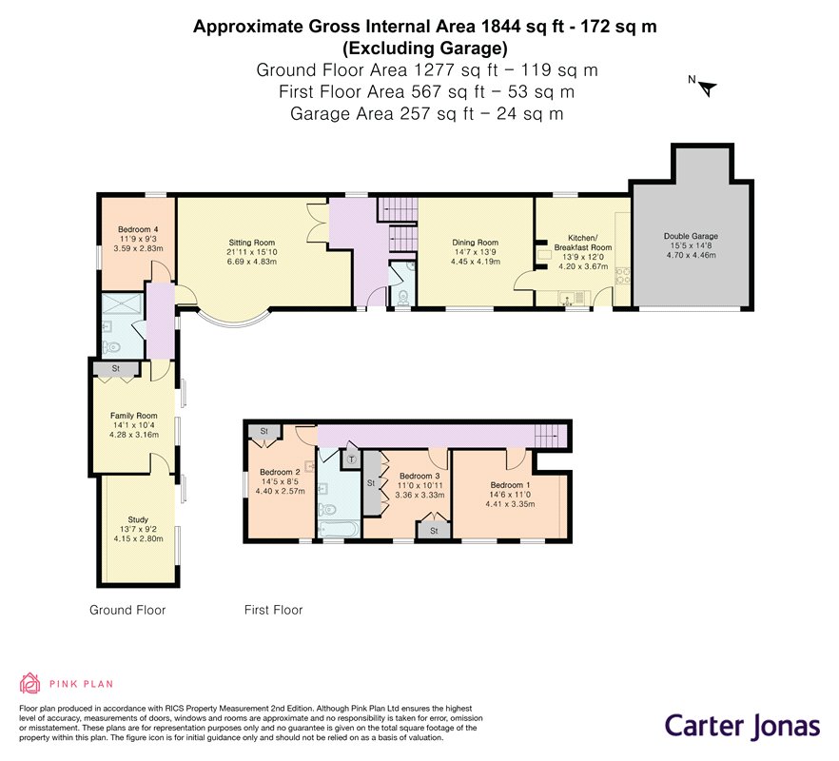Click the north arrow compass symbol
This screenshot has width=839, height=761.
tap(707, 88)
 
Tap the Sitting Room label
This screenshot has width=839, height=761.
tap(251, 243)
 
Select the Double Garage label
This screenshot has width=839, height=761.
tap(691, 236)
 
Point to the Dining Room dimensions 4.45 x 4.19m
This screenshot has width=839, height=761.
tap(476, 262)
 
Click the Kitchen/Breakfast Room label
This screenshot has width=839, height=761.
tap(583, 243)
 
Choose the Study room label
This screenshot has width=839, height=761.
tap(138, 519)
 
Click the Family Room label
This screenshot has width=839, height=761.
tap(134, 416)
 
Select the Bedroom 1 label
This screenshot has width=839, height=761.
tap(510, 485)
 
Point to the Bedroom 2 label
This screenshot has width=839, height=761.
tap(280, 472)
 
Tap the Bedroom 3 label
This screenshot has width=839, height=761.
tap(419, 476)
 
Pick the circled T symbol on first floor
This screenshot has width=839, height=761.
tap(352, 459)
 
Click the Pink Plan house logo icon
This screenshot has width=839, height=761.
tap(30, 683)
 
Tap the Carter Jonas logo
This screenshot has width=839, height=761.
tap(742, 727)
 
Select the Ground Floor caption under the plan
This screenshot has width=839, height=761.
tap(127, 610)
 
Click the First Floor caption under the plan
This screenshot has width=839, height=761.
tap(273, 610)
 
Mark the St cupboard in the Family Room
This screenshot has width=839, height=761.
tap(116, 369)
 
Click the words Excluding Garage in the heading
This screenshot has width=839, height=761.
tap(425, 49)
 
